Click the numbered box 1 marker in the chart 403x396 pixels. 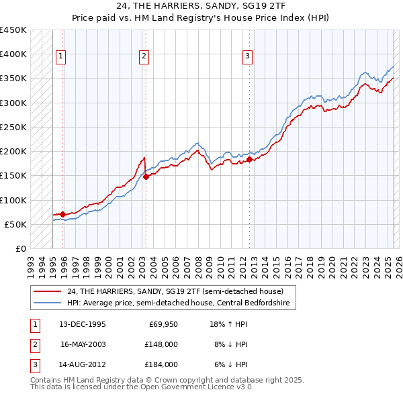point(61,56)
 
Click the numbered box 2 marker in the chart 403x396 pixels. point(144,56)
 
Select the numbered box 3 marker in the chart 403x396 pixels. point(247,56)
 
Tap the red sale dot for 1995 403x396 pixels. point(62,214)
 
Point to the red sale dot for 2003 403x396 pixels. point(146,177)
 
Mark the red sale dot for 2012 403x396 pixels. point(249,159)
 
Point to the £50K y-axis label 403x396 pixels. point(16,224)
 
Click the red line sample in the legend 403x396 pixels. point(48,291)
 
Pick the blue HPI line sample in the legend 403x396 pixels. point(48,303)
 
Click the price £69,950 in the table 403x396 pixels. point(163,324)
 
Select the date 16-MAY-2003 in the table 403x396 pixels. point(83,344)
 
